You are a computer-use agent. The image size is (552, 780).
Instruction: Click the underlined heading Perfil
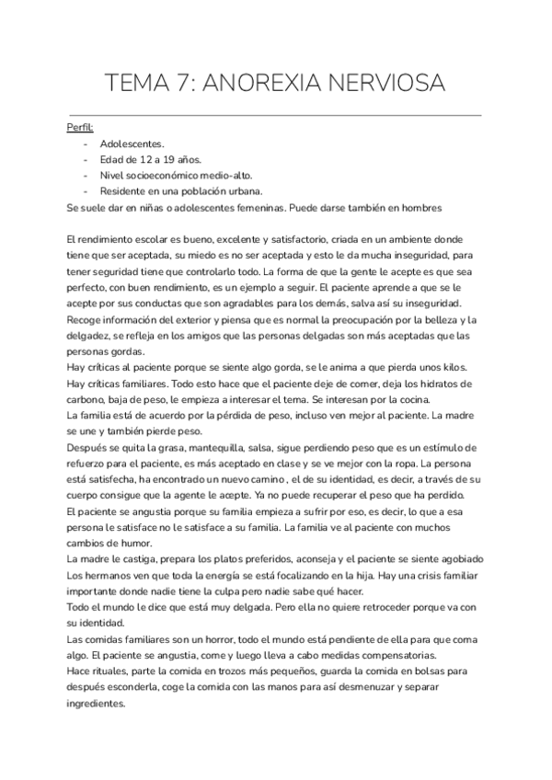80,128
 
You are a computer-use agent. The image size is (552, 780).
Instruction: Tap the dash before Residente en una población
86,190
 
